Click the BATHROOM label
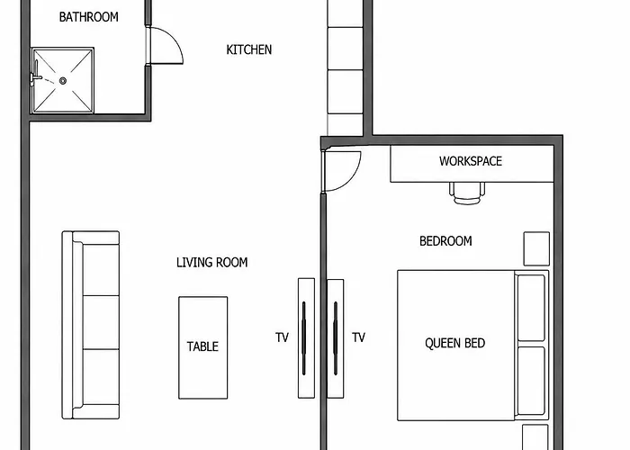point(89,17)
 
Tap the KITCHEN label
point(249,49)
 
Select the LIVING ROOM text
point(212,263)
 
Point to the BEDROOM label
point(445,241)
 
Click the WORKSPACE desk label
point(471,161)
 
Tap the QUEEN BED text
point(455,343)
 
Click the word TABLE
point(202,346)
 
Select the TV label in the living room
point(282,337)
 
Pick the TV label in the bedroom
point(358,337)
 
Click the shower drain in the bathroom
point(63,81)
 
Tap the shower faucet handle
point(36,76)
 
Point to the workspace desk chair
point(467,193)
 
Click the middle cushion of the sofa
point(101,322)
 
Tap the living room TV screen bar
point(304,338)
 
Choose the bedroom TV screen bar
point(336,338)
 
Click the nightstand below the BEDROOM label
point(536,248)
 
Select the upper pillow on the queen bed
point(531,308)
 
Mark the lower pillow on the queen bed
point(531,381)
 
